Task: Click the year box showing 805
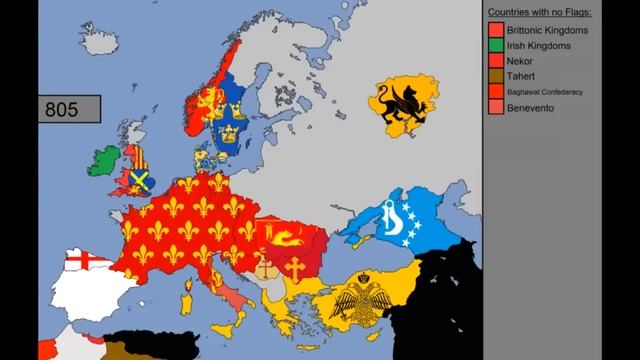tap(59, 109)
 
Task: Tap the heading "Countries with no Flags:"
tap(540, 13)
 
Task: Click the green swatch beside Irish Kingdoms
tap(495, 46)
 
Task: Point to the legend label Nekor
tap(520, 61)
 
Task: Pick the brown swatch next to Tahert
tap(495, 76)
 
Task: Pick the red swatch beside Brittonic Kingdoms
tap(495, 31)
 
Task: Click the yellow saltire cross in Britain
tap(141, 180)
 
